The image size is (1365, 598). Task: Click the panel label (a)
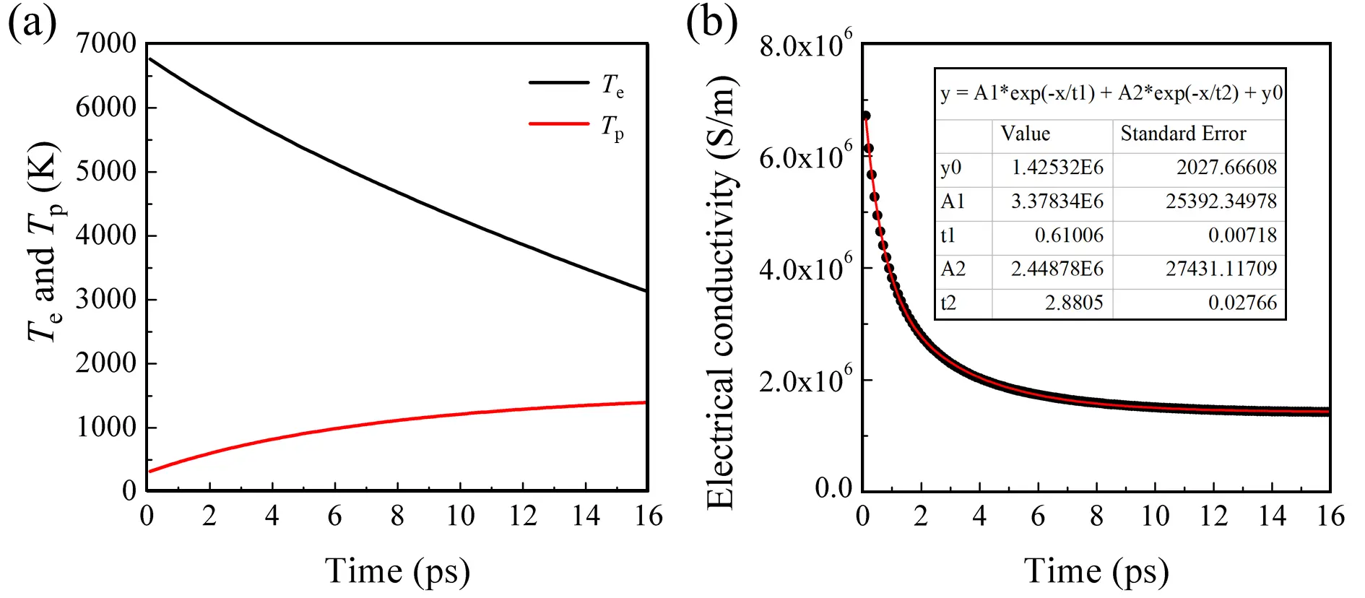pos(32,23)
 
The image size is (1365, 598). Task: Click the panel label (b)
pos(711,23)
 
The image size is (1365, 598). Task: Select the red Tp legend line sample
pos(559,123)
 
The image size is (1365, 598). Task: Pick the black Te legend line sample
pos(559,82)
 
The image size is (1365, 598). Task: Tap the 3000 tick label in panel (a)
pos(105,299)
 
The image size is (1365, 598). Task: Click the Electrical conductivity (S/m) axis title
pos(721,292)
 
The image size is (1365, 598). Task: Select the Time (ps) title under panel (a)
pos(397,571)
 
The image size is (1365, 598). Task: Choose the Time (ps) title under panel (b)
pos(1096,571)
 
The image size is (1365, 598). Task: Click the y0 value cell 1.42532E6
pos(1057,168)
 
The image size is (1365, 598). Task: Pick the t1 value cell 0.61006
pos(1069,235)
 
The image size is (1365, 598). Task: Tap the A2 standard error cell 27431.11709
pos(1221,269)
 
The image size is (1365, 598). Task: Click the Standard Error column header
pos(1183,134)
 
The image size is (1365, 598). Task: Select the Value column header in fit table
pos(1025,134)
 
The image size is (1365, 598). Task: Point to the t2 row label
pos(948,303)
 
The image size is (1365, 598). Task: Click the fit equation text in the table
pos(1111,93)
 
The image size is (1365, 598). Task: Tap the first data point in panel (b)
pos(865,116)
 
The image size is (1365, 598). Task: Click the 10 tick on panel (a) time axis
pos(460,516)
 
